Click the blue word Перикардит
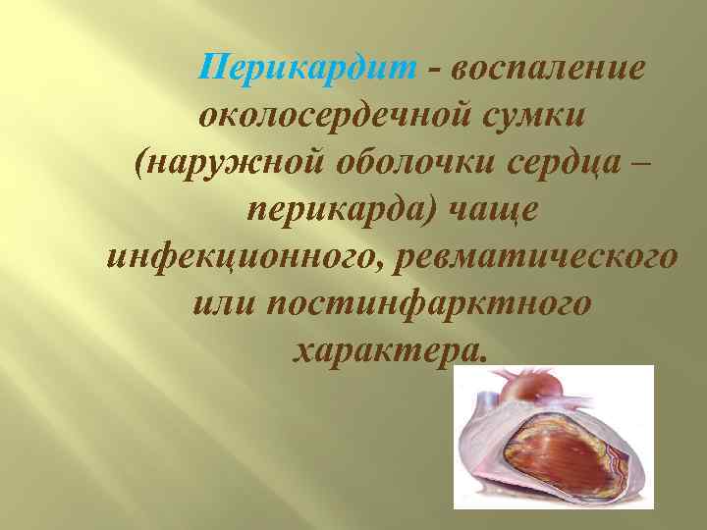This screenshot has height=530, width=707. tap(308, 69)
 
